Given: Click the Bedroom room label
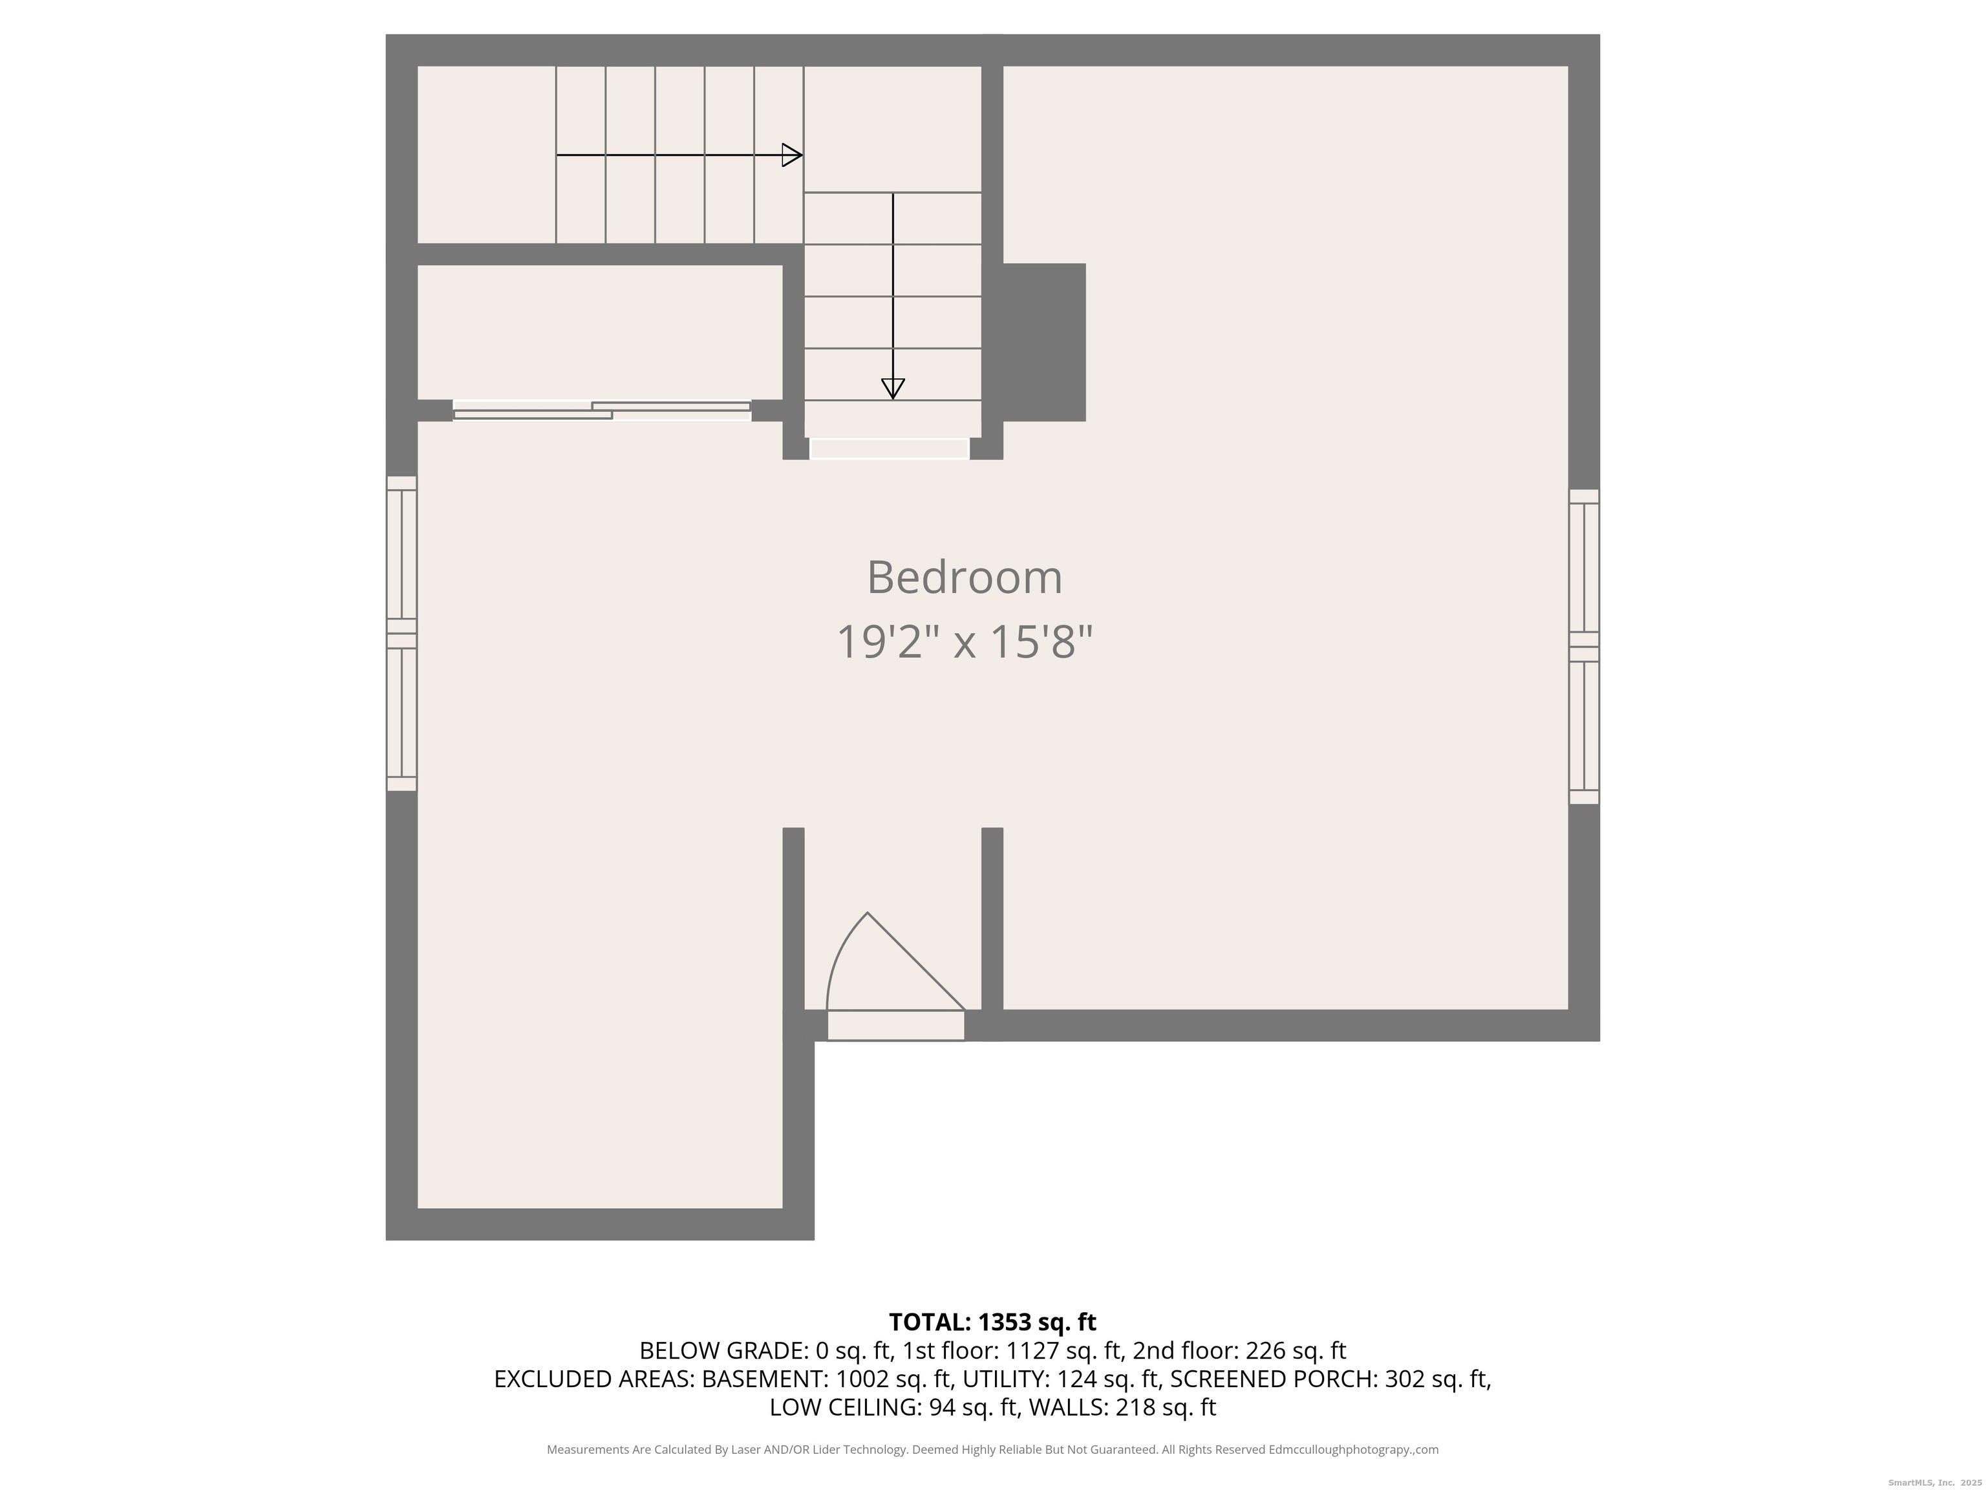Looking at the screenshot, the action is [x=965, y=578].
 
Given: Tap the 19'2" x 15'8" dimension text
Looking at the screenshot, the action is [x=965, y=642].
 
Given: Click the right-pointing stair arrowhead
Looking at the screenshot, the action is [x=792, y=155].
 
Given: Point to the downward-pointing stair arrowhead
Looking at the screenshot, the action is [x=892, y=389].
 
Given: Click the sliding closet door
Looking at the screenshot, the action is [x=601, y=411].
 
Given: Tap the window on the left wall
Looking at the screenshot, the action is [x=401, y=633].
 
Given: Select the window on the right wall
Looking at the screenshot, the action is [x=1584, y=647].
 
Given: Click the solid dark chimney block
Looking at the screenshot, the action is [x=1044, y=342].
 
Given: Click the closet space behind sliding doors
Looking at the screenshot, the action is [x=600, y=332].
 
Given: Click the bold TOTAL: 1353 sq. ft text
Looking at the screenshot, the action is [x=992, y=1322].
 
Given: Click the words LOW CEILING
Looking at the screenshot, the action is [x=844, y=1407].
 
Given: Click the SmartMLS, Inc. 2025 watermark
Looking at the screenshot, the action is [x=1935, y=1483].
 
